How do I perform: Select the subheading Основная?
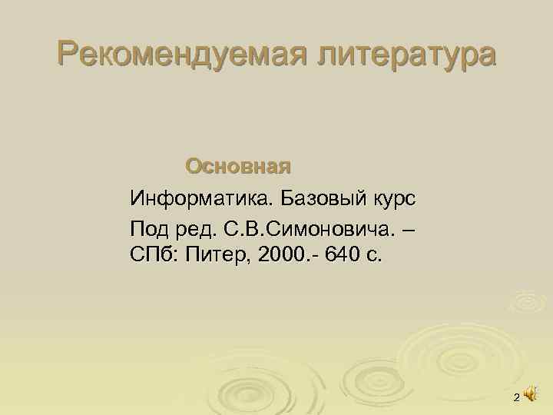(x=238, y=166)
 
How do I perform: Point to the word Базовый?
(x=326, y=200)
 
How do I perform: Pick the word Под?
(x=149, y=228)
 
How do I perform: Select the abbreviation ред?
(x=197, y=228)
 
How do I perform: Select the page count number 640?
(x=343, y=254)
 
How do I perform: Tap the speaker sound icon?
(x=530, y=394)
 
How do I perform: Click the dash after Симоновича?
(x=405, y=228)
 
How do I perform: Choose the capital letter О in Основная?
(x=194, y=166)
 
